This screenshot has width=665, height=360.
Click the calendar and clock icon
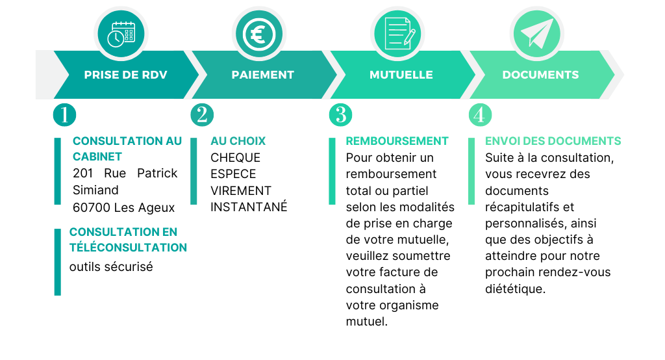click(121, 34)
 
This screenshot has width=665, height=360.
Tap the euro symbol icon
click(259, 34)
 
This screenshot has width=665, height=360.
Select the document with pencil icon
click(399, 33)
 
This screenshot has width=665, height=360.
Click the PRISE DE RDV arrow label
click(125, 75)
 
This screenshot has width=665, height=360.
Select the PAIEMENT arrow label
click(262, 75)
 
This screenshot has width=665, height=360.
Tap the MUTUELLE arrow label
click(401, 75)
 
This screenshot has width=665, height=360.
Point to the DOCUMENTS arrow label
click(540, 75)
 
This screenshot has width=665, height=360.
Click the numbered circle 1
click(64, 115)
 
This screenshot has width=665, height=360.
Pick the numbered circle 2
click(202, 115)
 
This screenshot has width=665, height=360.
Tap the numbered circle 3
click(340, 115)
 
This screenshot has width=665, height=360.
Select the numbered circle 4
click(480, 115)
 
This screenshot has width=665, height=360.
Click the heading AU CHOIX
click(238, 141)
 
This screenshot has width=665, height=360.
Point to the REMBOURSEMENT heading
click(397, 141)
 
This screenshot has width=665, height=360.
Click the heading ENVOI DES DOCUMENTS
click(553, 141)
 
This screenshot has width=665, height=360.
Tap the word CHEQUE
click(235, 157)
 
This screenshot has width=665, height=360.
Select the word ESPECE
click(233, 174)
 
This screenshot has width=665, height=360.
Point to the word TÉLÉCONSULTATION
click(128, 247)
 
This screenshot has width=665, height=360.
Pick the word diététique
click(515, 289)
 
